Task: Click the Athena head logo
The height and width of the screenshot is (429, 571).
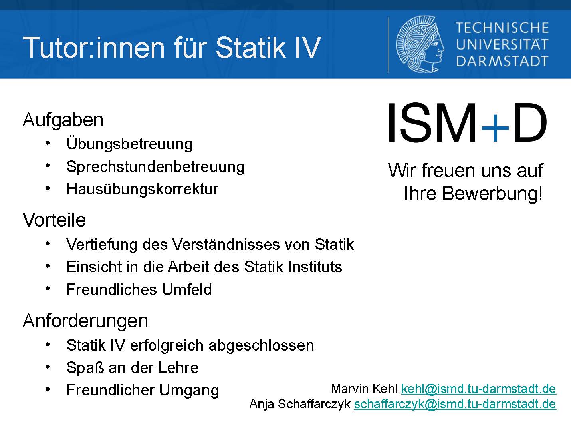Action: click(x=420, y=44)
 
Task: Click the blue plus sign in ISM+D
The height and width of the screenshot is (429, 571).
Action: click(x=495, y=128)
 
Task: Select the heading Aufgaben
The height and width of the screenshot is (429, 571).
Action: click(x=63, y=120)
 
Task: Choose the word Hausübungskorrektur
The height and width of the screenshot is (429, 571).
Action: click(x=142, y=189)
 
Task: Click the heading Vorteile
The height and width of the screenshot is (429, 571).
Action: click(x=54, y=220)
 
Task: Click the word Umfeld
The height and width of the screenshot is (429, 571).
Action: click(x=187, y=289)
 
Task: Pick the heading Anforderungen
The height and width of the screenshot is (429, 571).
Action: click(x=85, y=321)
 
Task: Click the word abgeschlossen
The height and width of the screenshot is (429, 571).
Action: click(x=261, y=346)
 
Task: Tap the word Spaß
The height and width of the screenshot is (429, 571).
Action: click(x=85, y=368)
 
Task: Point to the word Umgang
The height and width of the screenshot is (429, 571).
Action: click(x=189, y=391)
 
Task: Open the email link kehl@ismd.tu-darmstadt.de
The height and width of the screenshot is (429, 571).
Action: click(x=479, y=389)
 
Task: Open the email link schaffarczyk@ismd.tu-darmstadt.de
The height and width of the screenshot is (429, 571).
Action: click(x=455, y=404)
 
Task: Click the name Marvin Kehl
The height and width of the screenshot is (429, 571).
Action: click(x=364, y=389)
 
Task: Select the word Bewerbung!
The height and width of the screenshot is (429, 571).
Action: click(x=492, y=193)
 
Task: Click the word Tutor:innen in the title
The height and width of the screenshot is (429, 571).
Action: click(x=94, y=48)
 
